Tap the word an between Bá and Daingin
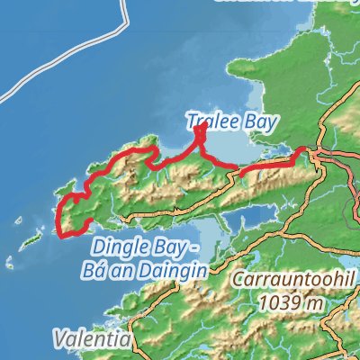pyautogui.click(x=135, y=268)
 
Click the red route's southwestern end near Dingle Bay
pyautogui.click(x=62, y=236)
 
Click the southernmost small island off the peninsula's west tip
pyautogui.click(x=12, y=264)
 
